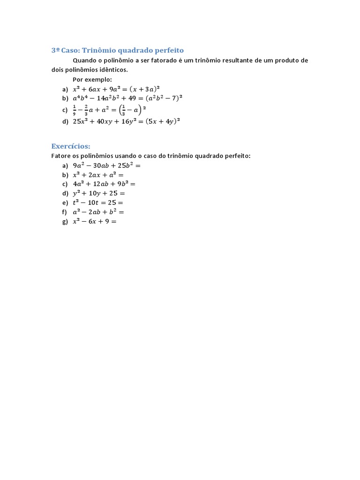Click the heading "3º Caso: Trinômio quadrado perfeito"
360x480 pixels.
pos(117,50)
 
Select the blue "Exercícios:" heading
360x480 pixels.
pos(70,146)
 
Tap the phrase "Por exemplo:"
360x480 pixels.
pos(92,79)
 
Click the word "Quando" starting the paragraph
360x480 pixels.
pos(84,60)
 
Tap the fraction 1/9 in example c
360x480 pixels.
pos(75,110)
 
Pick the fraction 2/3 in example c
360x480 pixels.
pos(86,110)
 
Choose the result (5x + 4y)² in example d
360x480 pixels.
pos(163,121)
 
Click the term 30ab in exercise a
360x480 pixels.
pos(102,165)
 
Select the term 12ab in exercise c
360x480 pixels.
pos(102,184)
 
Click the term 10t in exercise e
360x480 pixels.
pos(95,202)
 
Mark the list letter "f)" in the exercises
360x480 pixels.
pos(65,212)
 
